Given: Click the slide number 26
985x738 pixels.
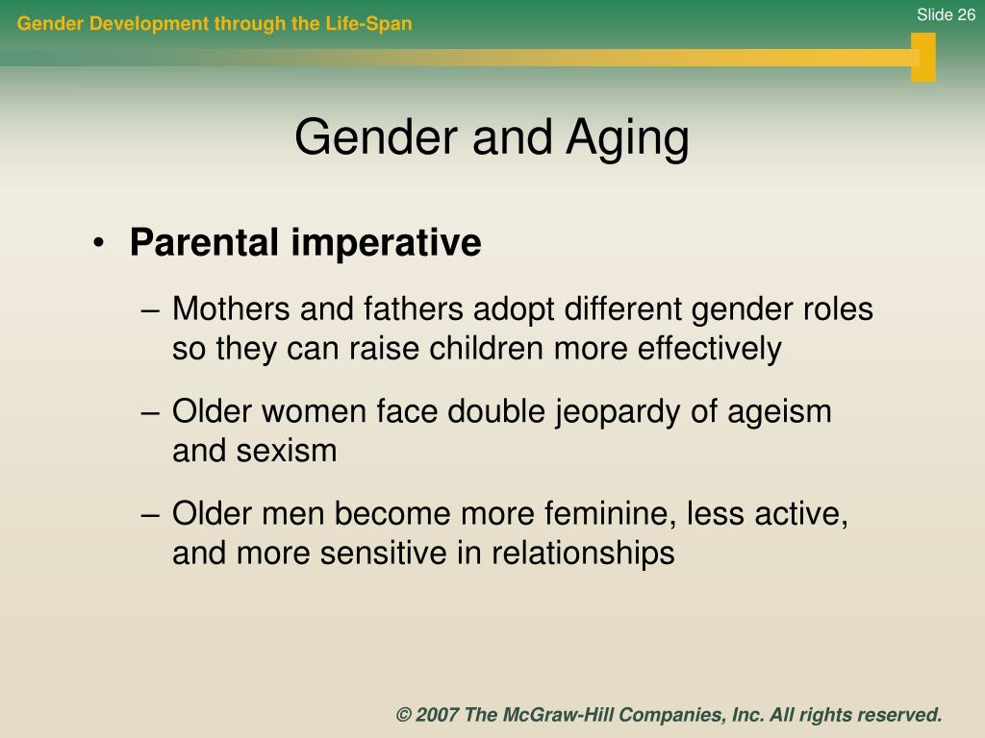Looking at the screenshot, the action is point(964,14).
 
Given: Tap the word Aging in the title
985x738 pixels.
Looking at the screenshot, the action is point(627,138).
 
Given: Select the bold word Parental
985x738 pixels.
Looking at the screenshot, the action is point(204,242).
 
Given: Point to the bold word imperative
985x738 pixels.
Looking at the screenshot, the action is point(387,243).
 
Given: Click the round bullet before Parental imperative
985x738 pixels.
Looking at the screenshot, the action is point(98,243).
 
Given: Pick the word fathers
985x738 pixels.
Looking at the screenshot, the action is point(413,308).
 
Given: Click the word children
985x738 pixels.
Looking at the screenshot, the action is point(487,348).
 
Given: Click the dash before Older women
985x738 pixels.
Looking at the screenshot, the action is point(150,413).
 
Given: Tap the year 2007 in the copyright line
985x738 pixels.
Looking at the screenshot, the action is point(437,715).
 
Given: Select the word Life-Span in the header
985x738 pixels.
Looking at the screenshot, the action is point(368,24).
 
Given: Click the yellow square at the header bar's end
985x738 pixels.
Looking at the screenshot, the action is point(922,57).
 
